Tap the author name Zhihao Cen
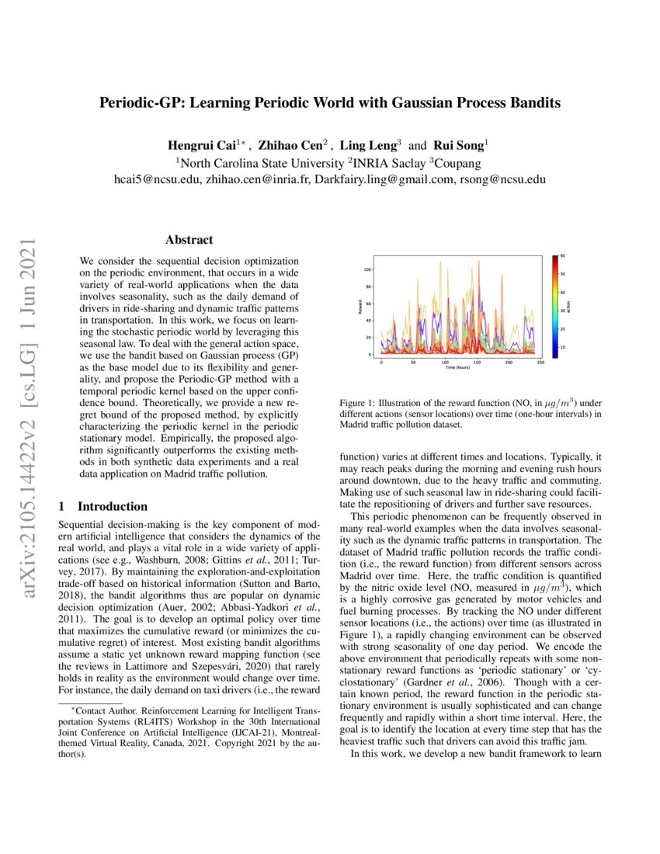291,145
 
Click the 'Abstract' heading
189,241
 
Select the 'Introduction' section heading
113,506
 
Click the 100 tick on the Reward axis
368,270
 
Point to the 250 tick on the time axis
540,362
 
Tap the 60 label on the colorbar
563,255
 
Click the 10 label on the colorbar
563,347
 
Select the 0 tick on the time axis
381,362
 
